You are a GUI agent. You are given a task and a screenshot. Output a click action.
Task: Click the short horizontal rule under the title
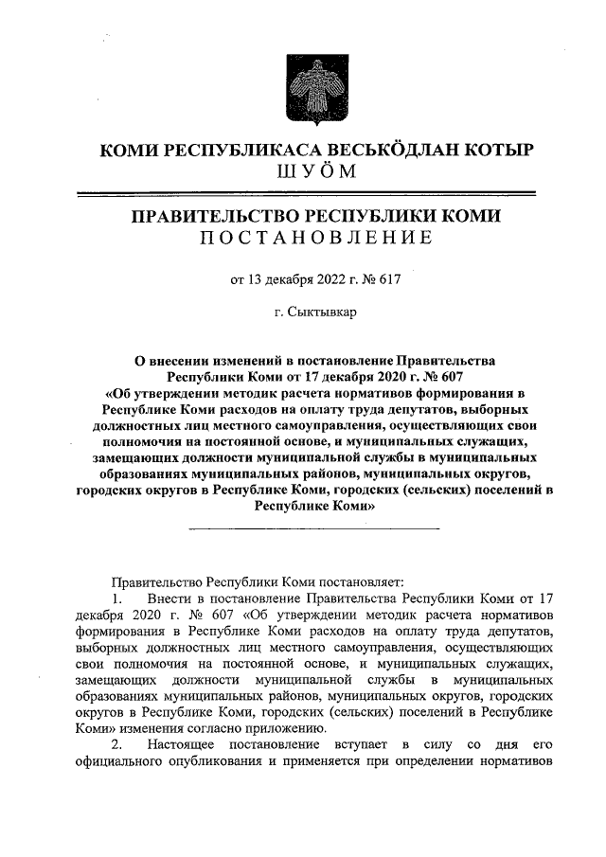[315, 527]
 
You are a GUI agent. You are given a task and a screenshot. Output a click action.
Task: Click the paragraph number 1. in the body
[118, 599]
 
